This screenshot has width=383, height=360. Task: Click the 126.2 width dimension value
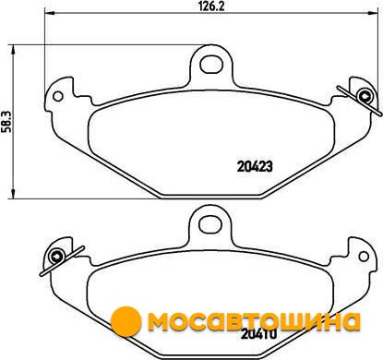click(x=212, y=6)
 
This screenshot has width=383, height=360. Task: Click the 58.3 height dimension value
click(x=6, y=122)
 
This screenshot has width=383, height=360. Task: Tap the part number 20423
click(x=255, y=166)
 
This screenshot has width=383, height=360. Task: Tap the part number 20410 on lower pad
click(x=259, y=334)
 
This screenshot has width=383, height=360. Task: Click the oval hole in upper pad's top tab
click(x=211, y=65)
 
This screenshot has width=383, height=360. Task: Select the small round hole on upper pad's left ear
click(x=58, y=96)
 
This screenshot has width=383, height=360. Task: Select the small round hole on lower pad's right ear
click(x=364, y=256)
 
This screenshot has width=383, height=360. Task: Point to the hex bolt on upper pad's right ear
click(x=365, y=96)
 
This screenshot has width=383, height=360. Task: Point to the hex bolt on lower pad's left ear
click(x=57, y=256)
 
